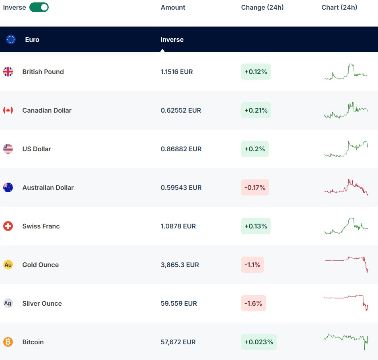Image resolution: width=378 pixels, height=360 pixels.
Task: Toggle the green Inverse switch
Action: [39, 7]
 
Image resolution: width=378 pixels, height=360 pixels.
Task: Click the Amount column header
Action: [173, 7]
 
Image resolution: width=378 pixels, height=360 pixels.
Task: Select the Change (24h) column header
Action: [262, 7]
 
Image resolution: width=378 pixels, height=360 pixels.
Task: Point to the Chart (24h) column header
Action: [339, 7]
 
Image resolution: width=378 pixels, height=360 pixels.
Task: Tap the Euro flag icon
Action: [11, 39]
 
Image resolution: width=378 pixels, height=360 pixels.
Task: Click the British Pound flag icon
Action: [8, 72]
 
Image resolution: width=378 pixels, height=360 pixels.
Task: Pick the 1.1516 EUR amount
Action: [177, 72]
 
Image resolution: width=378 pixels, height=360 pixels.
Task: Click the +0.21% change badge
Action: [256, 110]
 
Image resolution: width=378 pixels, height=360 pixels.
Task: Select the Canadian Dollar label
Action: [47, 110]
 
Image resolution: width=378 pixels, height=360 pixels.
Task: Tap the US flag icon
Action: [8, 149]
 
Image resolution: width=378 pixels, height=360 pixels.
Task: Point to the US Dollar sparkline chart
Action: [346, 149]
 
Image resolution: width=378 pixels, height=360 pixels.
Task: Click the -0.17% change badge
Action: [255, 187]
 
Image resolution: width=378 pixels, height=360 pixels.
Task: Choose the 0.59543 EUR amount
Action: [181, 187]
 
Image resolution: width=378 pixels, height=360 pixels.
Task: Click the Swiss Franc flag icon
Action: [8, 226]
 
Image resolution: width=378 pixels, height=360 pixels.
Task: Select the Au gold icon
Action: [8, 265]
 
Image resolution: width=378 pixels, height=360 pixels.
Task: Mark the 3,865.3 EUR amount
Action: [180, 265]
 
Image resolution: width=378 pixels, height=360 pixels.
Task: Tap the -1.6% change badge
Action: [253, 303]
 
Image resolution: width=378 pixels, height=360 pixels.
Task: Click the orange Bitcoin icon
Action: [8, 342]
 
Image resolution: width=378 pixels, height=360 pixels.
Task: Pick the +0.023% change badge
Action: [259, 342]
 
